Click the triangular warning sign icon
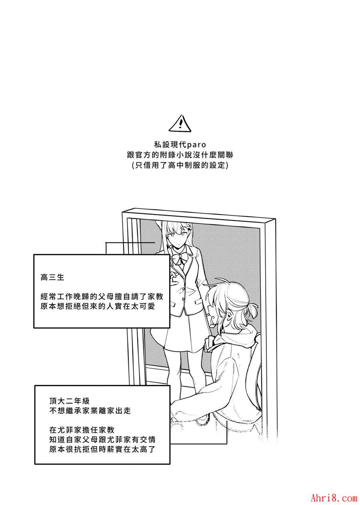coord(180,124)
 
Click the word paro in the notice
coord(196,144)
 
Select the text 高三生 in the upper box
coord(52,277)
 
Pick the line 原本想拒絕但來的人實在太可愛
coord(98,307)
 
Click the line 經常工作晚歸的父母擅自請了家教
coord(102,297)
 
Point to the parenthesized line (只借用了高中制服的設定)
coord(180,165)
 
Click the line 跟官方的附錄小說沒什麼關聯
coord(180,155)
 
